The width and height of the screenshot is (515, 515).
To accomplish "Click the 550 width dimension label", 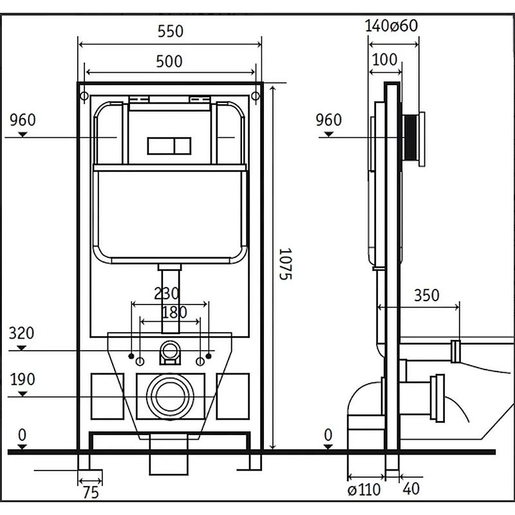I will [x=171, y=31].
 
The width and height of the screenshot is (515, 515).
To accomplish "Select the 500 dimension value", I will [x=170, y=62].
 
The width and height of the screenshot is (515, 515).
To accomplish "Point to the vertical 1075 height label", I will [x=286, y=264].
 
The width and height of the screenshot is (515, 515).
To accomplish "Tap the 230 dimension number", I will [x=167, y=293].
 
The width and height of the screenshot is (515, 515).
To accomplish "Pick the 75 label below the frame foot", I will [x=91, y=493].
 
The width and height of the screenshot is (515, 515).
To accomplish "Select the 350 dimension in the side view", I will [x=426, y=295].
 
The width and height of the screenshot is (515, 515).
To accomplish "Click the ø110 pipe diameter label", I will [x=364, y=490].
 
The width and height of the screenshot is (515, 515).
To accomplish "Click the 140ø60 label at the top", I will [x=391, y=26].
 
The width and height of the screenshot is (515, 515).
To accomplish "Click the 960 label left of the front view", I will [x=23, y=120].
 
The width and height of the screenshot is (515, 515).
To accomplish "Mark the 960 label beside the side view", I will [x=329, y=120].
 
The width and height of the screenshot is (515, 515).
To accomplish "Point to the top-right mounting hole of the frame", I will [x=255, y=96].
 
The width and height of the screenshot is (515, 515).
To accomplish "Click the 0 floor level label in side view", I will [x=328, y=436].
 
